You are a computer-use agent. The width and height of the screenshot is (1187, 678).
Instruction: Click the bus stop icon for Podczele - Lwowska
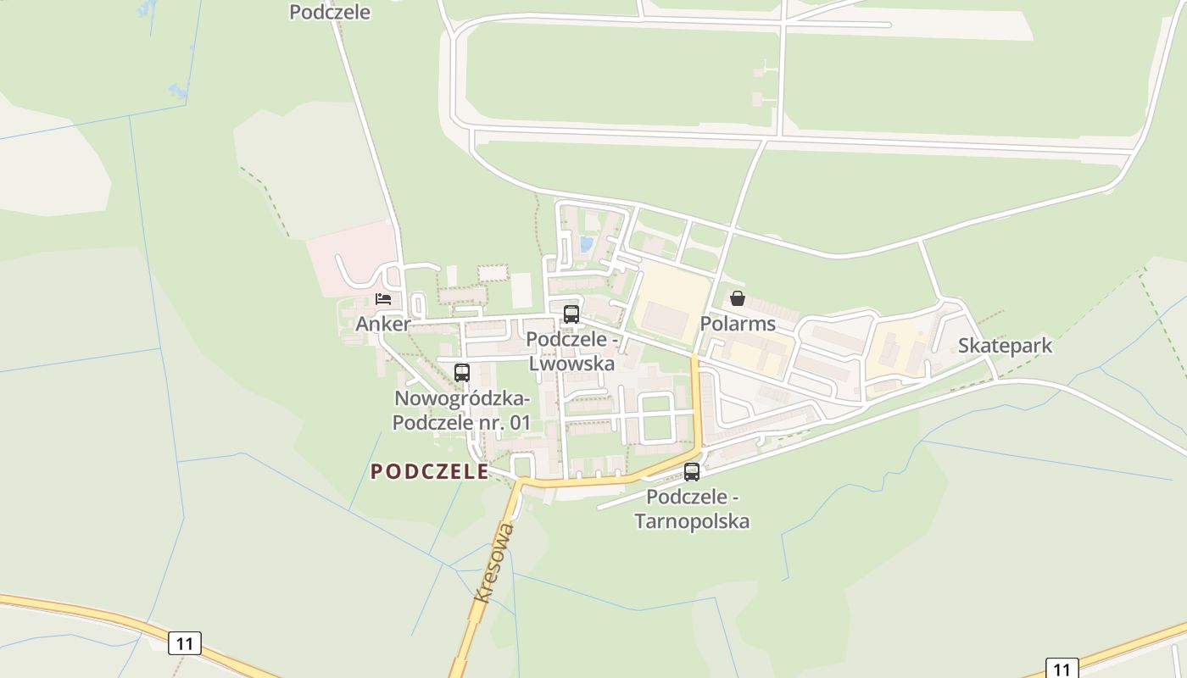tap(571, 314)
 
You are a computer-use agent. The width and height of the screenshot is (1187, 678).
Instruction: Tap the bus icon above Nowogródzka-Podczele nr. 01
tap(462, 372)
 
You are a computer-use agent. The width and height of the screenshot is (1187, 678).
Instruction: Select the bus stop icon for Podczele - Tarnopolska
tap(692, 471)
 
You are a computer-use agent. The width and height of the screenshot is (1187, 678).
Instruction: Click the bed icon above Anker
tap(383, 299)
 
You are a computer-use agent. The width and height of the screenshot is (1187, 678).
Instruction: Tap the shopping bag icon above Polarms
tap(738, 298)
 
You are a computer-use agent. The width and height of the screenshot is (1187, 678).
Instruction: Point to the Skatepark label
tap(1005, 346)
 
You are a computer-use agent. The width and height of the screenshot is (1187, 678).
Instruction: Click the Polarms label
tap(738, 324)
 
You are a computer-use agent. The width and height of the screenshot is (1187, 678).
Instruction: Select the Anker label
tap(382, 324)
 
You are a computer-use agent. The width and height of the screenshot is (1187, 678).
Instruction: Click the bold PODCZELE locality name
tap(430, 472)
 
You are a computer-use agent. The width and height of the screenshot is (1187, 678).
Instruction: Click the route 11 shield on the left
tap(185, 643)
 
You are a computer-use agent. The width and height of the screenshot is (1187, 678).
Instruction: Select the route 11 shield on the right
tap(1062, 669)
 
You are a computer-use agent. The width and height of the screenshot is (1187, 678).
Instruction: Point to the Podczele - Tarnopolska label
tap(692, 508)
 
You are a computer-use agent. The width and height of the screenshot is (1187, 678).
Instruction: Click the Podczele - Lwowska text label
tap(571, 351)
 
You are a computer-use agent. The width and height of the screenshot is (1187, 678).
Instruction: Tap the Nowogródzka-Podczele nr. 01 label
tap(462, 410)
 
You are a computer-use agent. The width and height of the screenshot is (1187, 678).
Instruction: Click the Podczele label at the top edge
tap(330, 12)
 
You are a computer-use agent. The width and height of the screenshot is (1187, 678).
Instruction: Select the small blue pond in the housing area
tap(586, 244)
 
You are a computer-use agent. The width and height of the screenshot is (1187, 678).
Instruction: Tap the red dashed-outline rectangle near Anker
tap(493, 273)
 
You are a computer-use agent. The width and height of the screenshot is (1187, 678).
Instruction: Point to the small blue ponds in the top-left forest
tap(177, 89)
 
